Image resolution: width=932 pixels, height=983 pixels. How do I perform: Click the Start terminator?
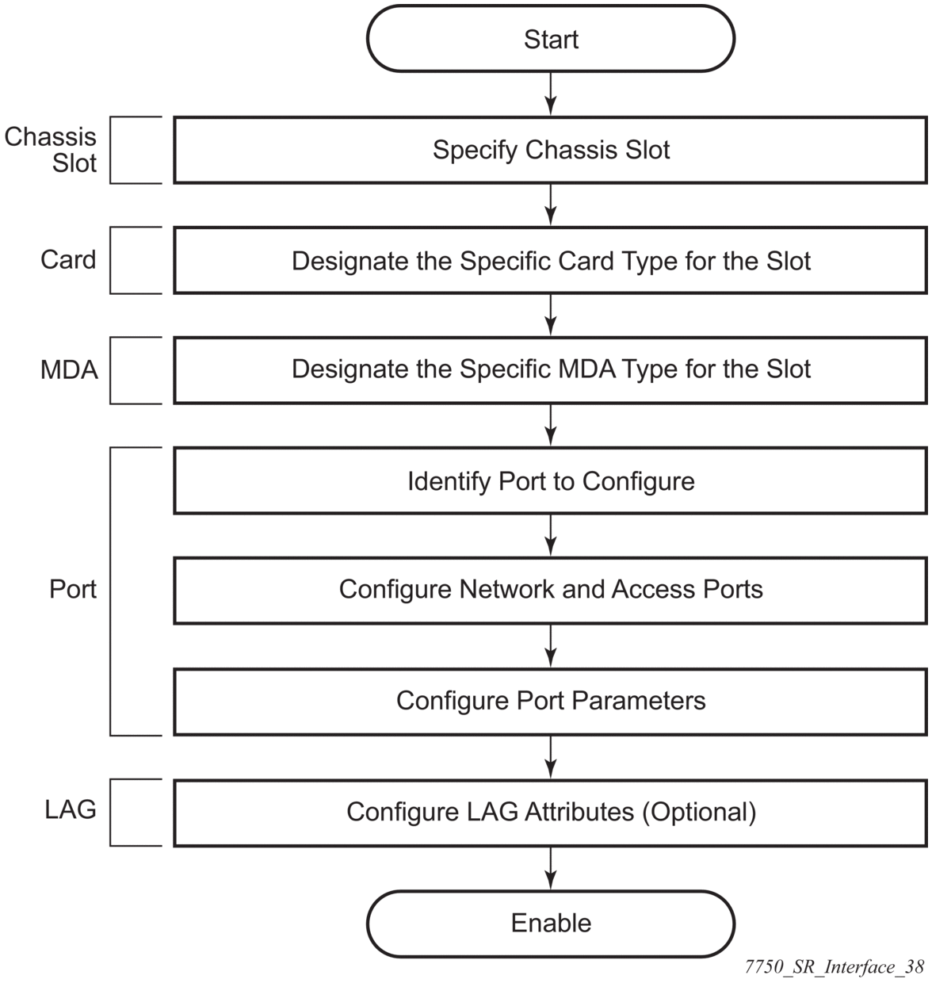[551, 40]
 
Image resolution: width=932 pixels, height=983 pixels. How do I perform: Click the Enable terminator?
[551, 923]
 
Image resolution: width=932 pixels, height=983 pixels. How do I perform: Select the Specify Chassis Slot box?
[551, 150]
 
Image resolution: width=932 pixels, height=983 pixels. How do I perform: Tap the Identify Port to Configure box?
[551, 481]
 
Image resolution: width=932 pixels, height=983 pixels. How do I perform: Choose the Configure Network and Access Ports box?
[551, 590]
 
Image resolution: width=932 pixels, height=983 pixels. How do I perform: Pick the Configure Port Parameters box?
[551, 701]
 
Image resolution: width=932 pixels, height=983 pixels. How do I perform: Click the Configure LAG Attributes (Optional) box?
[551, 812]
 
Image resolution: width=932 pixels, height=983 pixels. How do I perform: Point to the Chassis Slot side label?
[51, 150]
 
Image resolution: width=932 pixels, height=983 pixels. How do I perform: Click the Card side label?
[68, 260]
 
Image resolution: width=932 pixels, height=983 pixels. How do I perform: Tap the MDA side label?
[69, 369]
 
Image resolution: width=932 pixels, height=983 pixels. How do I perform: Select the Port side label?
[73, 590]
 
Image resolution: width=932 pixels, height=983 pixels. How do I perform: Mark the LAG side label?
[71, 810]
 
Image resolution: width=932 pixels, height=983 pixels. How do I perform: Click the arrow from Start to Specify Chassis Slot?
[551, 94]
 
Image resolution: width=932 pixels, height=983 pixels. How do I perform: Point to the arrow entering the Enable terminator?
[551, 867]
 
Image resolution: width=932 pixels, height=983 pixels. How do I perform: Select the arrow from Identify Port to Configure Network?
[551, 535]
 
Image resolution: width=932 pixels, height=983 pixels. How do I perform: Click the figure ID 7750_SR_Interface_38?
[835, 966]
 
